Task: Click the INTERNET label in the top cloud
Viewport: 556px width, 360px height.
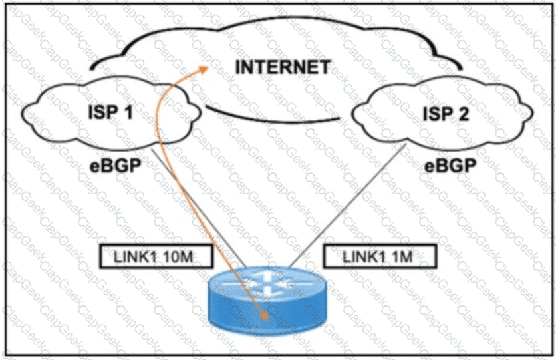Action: [282, 67]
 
